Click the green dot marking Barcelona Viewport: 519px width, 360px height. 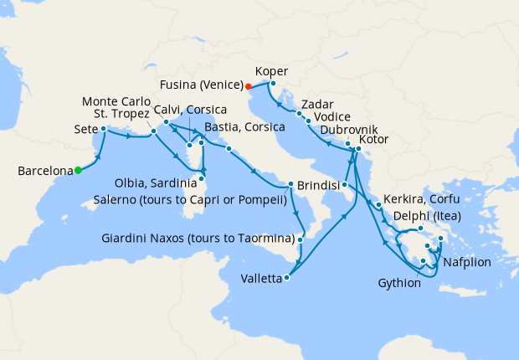[78, 170]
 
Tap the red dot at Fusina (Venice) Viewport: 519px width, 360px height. [249, 85]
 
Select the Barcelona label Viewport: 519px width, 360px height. [44, 171]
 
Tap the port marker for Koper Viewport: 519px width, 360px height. [273, 83]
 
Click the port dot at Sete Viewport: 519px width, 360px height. [103, 129]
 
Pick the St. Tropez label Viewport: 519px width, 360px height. [122, 113]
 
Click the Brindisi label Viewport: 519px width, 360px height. [319, 185]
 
